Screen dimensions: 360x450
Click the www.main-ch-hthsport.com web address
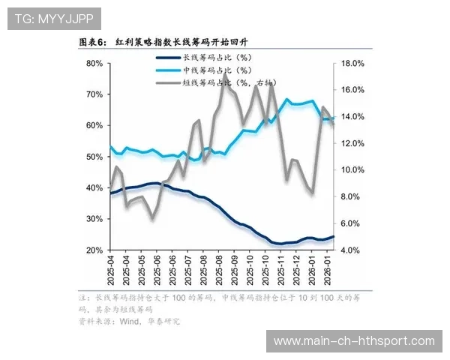(354, 341)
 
